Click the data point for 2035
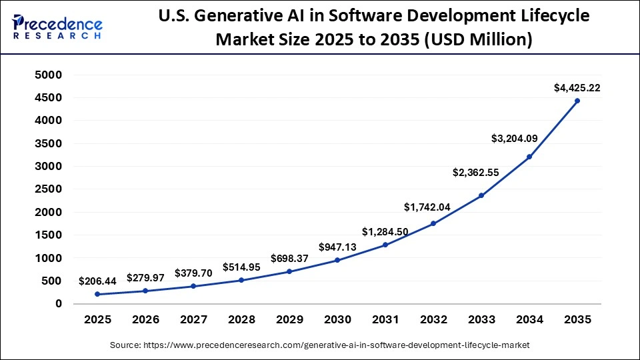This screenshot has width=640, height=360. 577,101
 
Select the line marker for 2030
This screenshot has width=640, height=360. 337,260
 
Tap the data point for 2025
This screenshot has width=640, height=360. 97,294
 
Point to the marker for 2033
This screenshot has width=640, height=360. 481,195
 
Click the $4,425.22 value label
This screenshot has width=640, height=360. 577,87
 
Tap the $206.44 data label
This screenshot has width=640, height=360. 97,281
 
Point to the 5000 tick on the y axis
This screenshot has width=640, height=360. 48,75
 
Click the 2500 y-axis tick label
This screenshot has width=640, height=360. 48,189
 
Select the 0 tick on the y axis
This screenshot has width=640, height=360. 59,304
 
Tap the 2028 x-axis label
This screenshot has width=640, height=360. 241,319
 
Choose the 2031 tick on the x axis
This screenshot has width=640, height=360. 385,319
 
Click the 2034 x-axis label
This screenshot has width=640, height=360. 529,319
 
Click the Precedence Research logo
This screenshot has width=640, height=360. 57,27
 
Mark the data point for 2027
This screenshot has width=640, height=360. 193,286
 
